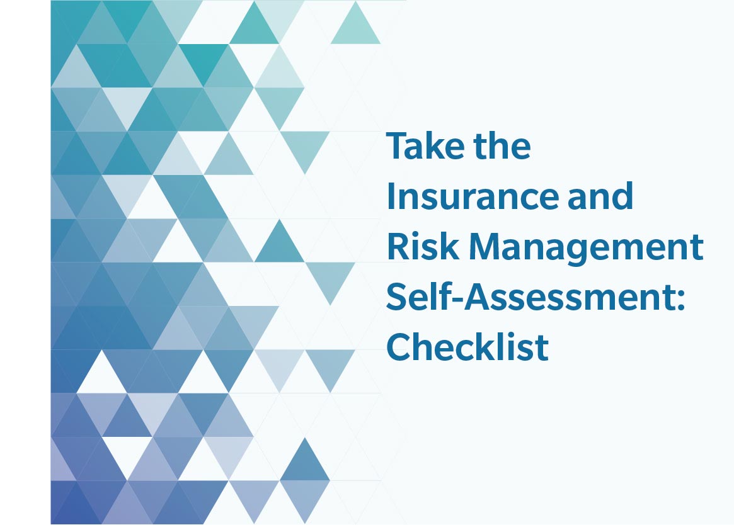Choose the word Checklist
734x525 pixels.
click(x=467, y=347)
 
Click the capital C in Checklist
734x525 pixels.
click(x=398, y=347)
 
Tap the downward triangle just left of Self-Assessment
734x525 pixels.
click(x=330, y=276)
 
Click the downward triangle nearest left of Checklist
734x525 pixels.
click(x=330, y=364)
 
